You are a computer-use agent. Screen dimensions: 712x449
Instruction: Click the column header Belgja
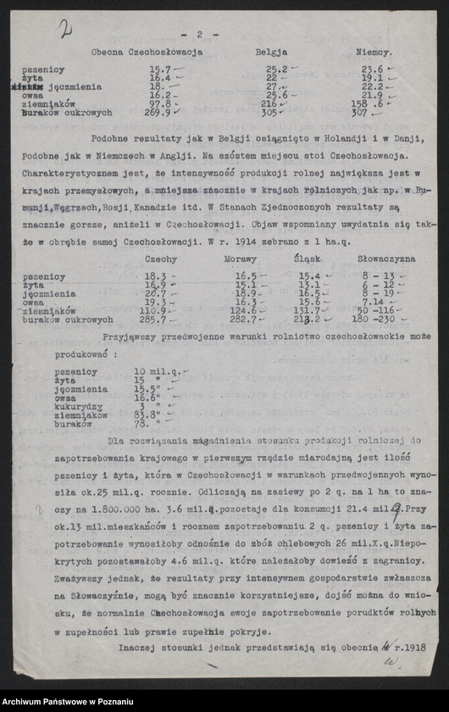tap(271, 53)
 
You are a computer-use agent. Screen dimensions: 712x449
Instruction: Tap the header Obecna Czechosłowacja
tap(147, 53)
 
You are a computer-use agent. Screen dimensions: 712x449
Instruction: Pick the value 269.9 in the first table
tap(157, 112)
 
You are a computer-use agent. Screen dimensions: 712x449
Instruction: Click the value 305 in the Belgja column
tap(269, 112)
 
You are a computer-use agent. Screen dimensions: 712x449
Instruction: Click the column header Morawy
tap(241, 259)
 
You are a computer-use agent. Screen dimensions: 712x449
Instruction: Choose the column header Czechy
tap(160, 259)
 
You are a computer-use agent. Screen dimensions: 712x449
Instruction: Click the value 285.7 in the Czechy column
tap(157, 320)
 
